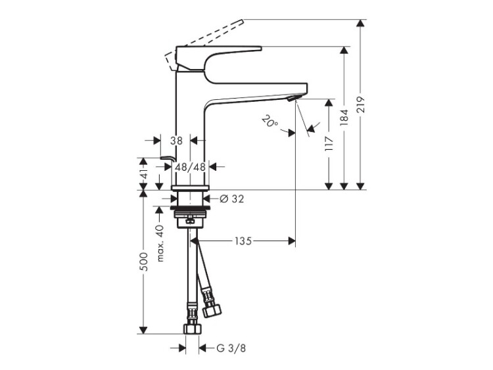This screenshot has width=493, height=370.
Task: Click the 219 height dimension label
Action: click(361, 104)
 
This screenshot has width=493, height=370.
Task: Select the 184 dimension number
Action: click(344, 118)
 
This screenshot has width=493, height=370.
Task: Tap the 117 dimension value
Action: click(329, 144)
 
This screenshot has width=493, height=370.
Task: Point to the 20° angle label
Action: click(270, 121)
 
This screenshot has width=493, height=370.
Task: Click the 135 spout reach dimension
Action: click(243, 241)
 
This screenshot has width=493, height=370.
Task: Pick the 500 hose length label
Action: click(143, 262)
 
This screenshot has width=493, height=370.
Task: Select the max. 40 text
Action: click(160, 243)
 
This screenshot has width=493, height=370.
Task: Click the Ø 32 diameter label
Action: click(232, 198)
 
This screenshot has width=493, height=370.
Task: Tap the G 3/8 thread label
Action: click(231, 348)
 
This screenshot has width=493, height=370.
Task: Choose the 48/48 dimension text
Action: click(190, 167)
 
